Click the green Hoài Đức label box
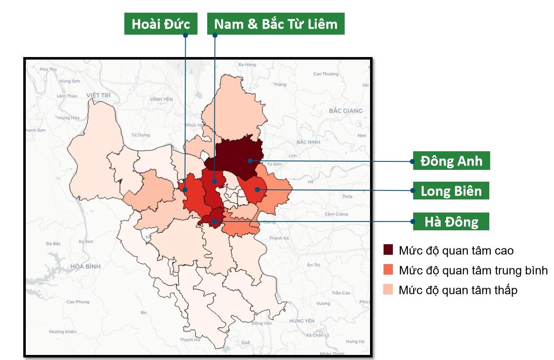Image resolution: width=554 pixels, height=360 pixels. (x=161, y=24)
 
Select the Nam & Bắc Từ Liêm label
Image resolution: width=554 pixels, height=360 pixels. (x=276, y=24)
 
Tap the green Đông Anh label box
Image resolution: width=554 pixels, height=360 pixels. (x=451, y=161)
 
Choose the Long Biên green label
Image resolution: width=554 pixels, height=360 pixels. (x=451, y=191)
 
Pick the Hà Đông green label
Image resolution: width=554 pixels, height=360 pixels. (x=451, y=221)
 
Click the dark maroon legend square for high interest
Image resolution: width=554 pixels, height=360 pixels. (x=388, y=250)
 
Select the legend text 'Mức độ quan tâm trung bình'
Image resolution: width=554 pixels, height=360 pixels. (x=473, y=270)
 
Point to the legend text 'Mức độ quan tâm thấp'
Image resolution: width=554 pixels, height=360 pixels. (x=458, y=290)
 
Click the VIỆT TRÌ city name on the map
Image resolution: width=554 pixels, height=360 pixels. (x=98, y=95)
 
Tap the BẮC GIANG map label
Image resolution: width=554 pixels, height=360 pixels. (x=346, y=111)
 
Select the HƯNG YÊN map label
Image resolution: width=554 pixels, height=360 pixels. (x=302, y=321)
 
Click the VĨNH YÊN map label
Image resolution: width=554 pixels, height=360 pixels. (x=162, y=99)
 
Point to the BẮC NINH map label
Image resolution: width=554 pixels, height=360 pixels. (x=308, y=142)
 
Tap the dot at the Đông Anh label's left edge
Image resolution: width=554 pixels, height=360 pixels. (x=412, y=161)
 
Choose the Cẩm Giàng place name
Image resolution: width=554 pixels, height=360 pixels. (x=336, y=214)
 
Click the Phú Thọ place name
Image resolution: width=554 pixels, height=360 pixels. (x=48, y=69)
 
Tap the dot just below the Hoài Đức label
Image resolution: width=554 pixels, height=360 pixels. (x=185, y=35)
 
